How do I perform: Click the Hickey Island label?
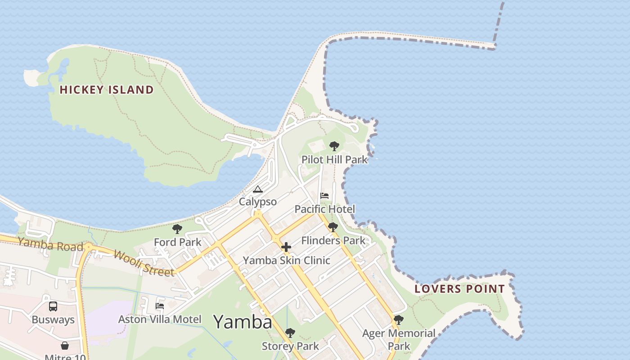click(x=107, y=90)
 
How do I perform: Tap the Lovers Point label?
click(x=459, y=289)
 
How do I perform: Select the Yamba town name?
click(x=243, y=322)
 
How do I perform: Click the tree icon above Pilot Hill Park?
click(x=334, y=146)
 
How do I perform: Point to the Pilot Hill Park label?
click(x=334, y=160)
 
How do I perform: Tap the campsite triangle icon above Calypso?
click(x=257, y=189)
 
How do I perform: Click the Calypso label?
click(x=257, y=202)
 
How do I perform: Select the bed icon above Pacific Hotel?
click(x=324, y=196)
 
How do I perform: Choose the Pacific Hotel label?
click(x=324, y=209)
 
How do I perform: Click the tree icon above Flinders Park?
click(x=333, y=227)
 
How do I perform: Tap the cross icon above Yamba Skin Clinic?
click(x=286, y=247)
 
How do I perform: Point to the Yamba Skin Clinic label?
click(x=287, y=261)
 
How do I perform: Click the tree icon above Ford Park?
click(x=177, y=229)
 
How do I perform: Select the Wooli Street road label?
click(x=144, y=263)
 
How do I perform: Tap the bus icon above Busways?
click(x=53, y=306)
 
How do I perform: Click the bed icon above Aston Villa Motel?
click(x=160, y=306)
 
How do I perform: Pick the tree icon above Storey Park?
click(x=290, y=333)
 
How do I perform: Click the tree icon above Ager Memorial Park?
click(x=398, y=320)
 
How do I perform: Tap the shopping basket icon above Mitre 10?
click(x=65, y=346)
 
